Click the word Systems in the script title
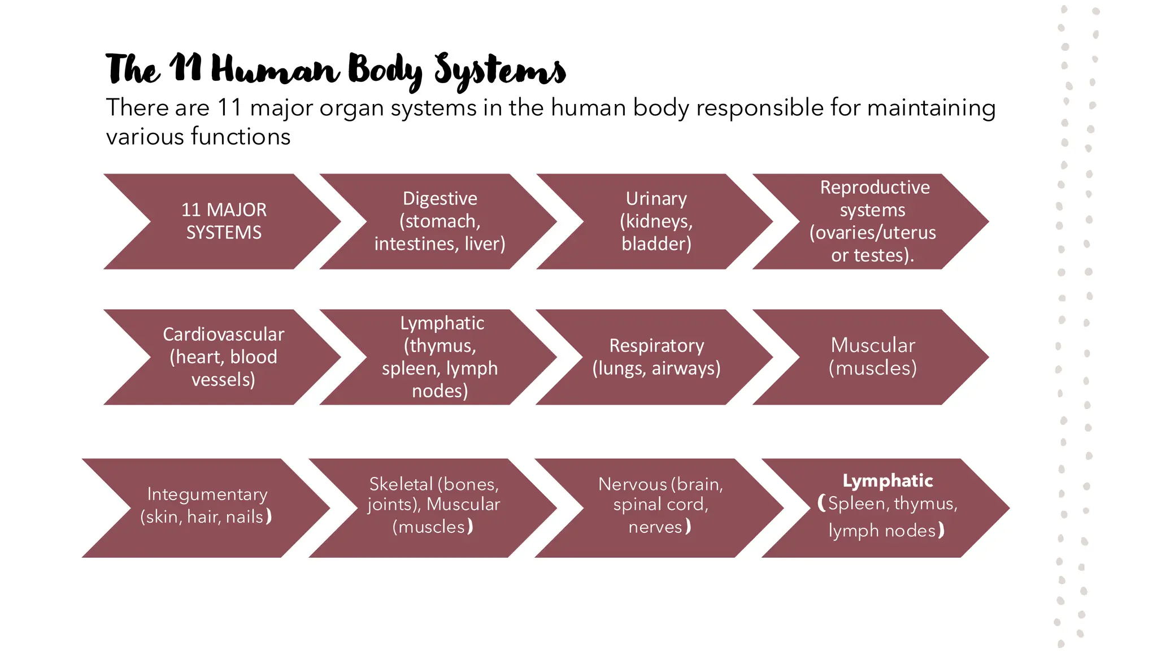point(499,71)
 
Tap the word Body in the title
point(385,71)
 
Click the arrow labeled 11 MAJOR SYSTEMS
point(224,222)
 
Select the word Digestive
point(440,199)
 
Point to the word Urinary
point(656,199)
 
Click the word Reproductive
point(875,188)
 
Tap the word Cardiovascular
point(224,335)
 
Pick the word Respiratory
point(656,346)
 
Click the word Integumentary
point(207,494)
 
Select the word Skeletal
point(401,484)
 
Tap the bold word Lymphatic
point(888,481)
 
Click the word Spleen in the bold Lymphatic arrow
point(858,504)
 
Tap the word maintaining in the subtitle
point(931,108)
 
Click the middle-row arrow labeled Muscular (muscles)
point(872,357)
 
